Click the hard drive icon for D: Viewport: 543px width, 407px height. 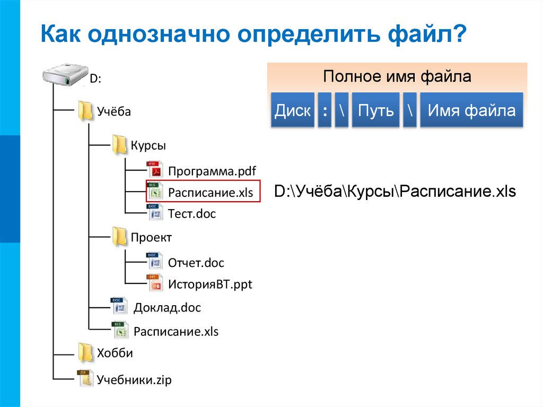63,74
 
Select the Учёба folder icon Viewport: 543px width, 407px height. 85,111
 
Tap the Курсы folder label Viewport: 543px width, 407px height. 148,145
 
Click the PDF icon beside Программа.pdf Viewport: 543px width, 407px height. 154,171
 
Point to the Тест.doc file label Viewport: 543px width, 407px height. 192,214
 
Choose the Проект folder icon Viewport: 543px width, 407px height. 119,237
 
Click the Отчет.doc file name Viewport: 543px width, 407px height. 196,263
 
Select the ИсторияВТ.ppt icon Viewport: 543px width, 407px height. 154,284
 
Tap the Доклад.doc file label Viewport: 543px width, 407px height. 168,308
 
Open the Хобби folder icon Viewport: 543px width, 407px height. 85,352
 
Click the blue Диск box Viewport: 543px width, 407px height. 293,110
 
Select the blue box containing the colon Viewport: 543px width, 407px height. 325,110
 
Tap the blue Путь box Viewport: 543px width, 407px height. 375,110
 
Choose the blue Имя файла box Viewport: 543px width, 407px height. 471,110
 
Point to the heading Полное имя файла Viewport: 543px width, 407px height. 397,76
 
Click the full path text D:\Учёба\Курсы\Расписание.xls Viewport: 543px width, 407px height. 395,192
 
